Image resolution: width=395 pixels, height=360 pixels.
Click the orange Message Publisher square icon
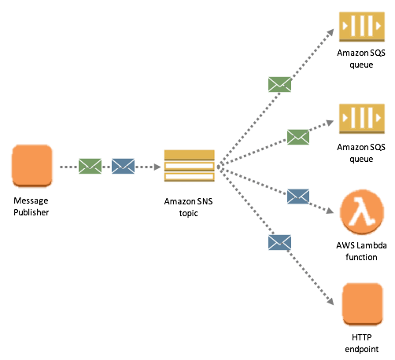point(32,166)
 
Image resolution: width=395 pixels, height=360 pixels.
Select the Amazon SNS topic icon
point(190,166)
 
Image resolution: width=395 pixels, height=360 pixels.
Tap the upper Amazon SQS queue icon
point(362,27)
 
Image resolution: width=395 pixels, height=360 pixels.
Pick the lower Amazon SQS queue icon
point(362,119)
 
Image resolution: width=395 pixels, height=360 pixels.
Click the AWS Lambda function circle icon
point(362,212)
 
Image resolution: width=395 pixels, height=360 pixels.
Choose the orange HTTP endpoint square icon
point(362,304)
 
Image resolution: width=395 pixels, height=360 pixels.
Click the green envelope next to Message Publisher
point(90,166)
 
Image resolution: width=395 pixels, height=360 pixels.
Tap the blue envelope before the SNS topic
point(123,166)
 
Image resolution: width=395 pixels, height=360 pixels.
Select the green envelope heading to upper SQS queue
point(279,84)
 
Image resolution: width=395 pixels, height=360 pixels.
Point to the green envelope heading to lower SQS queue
point(298,137)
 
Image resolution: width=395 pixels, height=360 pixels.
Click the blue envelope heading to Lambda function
point(298,197)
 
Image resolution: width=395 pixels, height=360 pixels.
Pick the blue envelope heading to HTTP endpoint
point(279,242)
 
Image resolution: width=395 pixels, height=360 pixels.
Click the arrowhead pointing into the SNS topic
point(157,167)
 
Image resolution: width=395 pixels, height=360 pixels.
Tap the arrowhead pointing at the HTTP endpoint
point(330,301)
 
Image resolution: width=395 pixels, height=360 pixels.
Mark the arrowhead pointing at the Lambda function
point(330,211)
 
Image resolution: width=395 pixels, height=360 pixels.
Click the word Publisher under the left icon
point(31,212)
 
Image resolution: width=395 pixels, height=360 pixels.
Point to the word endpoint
point(362,349)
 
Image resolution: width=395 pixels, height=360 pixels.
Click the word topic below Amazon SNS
point(188,213)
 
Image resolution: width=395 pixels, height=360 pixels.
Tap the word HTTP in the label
point(362,337)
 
